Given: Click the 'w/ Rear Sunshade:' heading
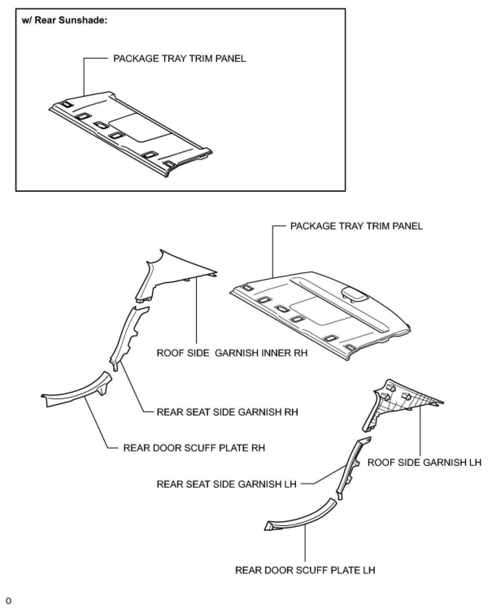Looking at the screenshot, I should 64,20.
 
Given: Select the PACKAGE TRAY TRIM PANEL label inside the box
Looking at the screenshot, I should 179,59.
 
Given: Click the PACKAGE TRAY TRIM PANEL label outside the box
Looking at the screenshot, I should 357,226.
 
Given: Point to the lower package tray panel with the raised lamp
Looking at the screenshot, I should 317,313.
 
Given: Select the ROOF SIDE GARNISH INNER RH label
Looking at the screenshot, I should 232,353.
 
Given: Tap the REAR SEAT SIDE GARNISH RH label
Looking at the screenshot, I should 227,412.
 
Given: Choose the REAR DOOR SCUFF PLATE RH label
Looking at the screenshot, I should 194,448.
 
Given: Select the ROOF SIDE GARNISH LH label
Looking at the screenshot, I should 425,462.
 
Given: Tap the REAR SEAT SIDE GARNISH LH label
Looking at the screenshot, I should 226,484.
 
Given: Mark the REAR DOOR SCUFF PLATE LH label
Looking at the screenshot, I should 305,570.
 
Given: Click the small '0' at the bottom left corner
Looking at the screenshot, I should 9,601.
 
